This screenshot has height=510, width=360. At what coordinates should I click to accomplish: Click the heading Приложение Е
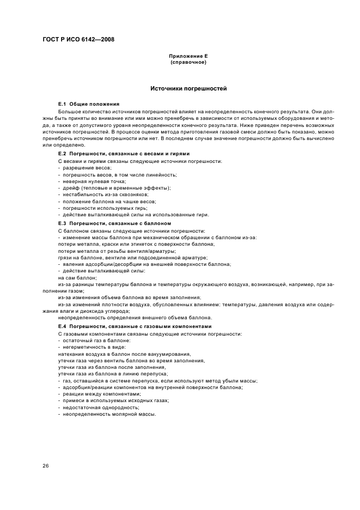[x=188, y=56]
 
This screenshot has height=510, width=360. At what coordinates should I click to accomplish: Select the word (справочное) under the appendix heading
[x=188, y=62]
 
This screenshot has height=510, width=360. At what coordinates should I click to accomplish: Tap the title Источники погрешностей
[x=188, y=88]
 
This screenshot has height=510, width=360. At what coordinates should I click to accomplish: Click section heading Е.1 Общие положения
[x=89, y=104]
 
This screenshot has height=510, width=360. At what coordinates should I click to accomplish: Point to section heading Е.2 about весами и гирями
[x=124, y=154]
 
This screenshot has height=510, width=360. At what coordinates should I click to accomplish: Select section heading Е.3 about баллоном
[x=115, y=223]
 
